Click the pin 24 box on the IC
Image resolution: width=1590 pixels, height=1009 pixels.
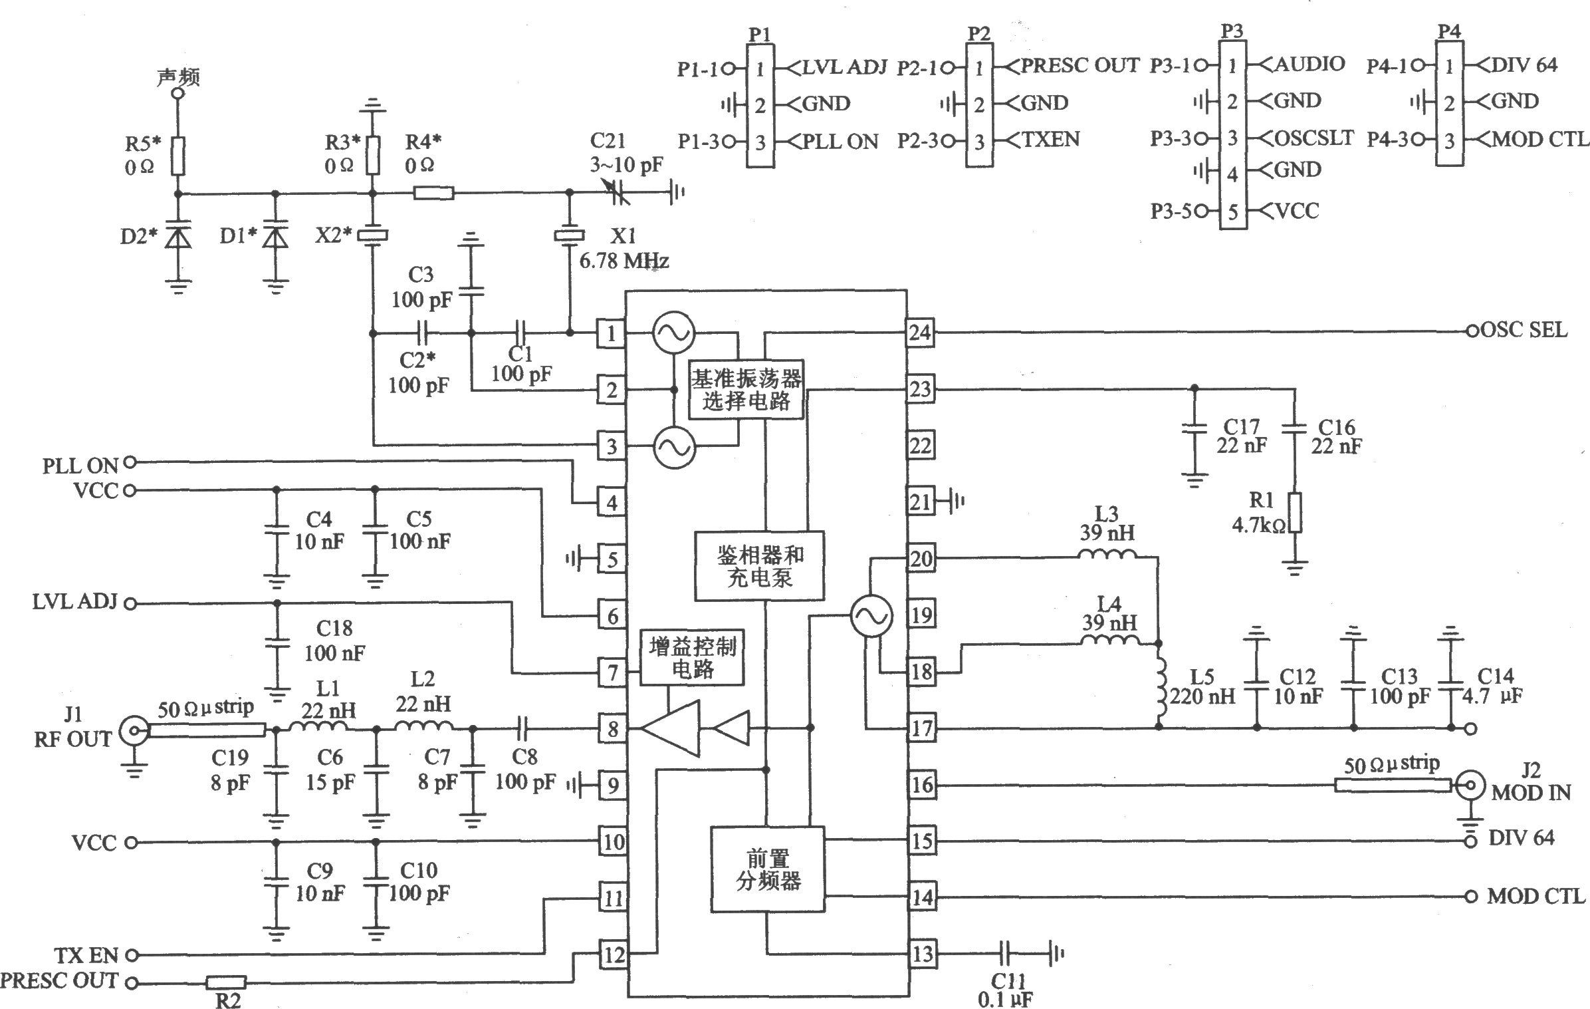(x=921, y=332)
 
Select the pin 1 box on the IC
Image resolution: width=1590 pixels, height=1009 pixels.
(x=611, y=333)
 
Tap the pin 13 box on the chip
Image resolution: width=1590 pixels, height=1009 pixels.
(x=922, y=954)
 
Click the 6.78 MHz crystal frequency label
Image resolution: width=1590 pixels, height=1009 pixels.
(x=624, y=261)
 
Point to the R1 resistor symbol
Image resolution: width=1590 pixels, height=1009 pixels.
(x=1294, y=513)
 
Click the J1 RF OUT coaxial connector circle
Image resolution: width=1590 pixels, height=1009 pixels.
(x=132, y=732)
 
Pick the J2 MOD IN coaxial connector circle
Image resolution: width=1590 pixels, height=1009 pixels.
(x=1470, y=786)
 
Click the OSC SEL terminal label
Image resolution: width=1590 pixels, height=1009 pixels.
(x=1524, y=330)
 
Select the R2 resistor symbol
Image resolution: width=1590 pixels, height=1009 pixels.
(x=225, y=982)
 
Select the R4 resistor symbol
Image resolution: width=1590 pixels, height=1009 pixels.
(x=433, y=194)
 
